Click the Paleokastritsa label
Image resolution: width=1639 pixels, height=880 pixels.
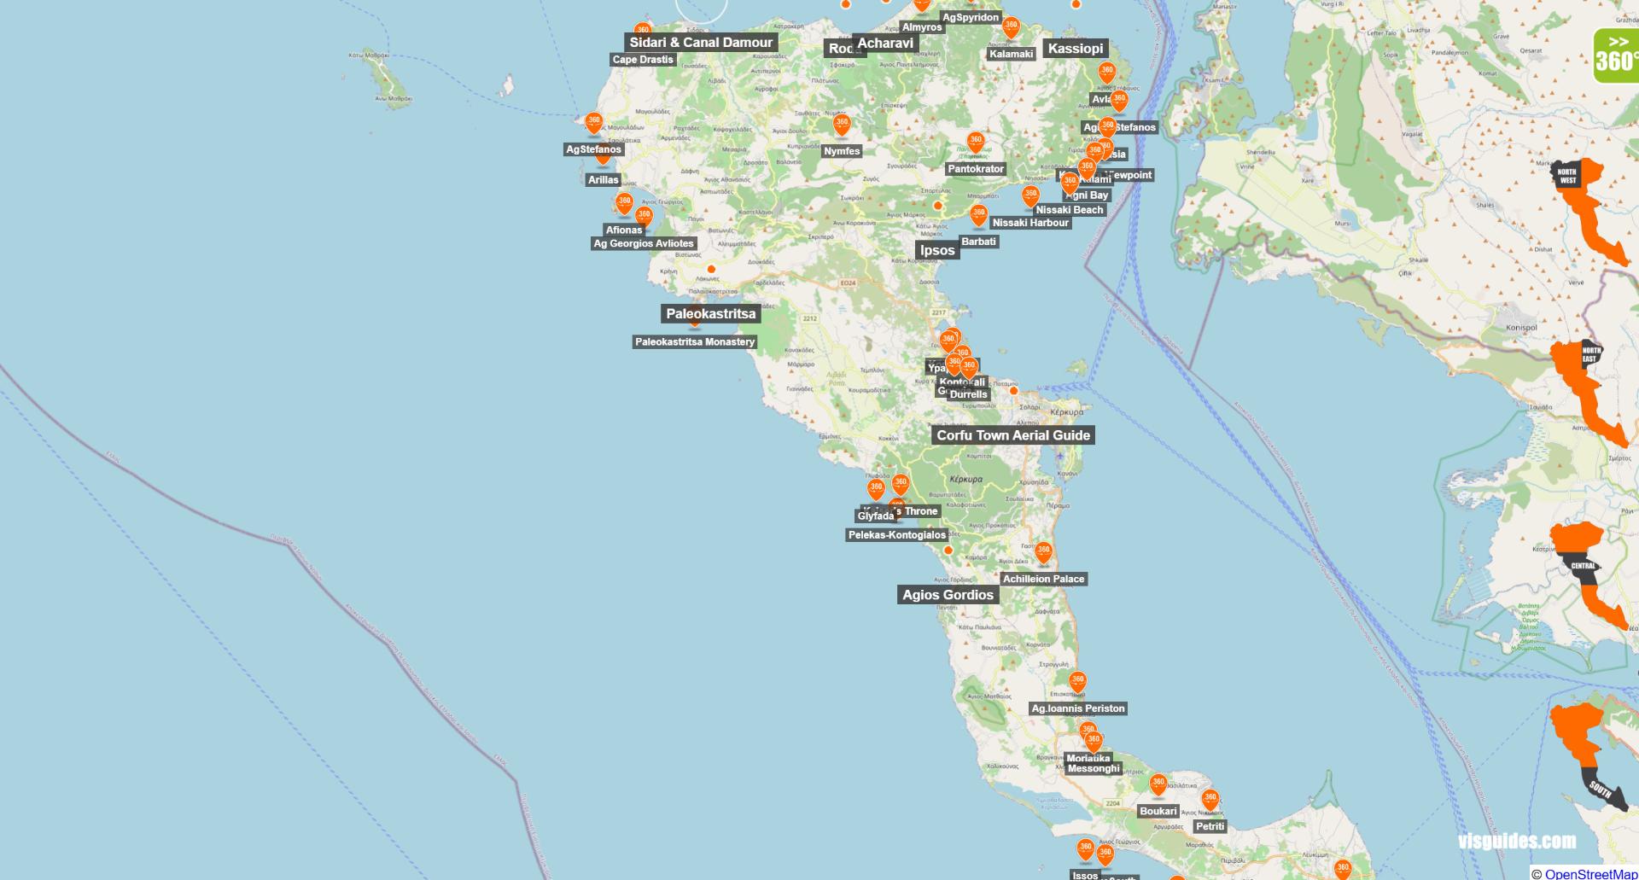click(x=710, y=314)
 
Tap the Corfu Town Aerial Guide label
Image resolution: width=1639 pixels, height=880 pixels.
click(x=1013, y=435)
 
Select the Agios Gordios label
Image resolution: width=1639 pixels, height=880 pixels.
click(x=948, y=595)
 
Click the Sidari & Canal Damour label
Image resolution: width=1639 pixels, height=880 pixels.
click(x=701, y=43)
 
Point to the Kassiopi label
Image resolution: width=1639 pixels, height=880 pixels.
click(x=1075, y=49)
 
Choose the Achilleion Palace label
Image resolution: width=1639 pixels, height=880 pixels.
click(x=1043, y=579)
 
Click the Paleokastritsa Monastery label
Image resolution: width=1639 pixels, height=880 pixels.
click(x=695, y=342)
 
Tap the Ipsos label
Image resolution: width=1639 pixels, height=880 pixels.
click(x=937, y=250)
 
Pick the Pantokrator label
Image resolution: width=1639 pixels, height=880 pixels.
click(x=976, y=169)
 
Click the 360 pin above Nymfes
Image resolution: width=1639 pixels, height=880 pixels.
click(x=842, y=125)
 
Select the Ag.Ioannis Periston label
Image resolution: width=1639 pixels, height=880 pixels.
click(x=1078, y=708)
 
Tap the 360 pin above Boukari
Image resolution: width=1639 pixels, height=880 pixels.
click(x=1158, y=784)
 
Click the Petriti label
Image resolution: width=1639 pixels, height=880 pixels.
click(x=1210, y=826)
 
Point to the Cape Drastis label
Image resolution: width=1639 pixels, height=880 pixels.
click(x=643, y=60)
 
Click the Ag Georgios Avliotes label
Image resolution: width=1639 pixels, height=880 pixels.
click(x=644, y=244)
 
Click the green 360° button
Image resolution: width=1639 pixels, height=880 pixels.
click(x=1616, y=56)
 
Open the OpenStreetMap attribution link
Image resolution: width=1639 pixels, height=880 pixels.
click(x=1590, y=874)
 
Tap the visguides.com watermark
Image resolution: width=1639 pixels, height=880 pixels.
click(x=1517, y=842)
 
